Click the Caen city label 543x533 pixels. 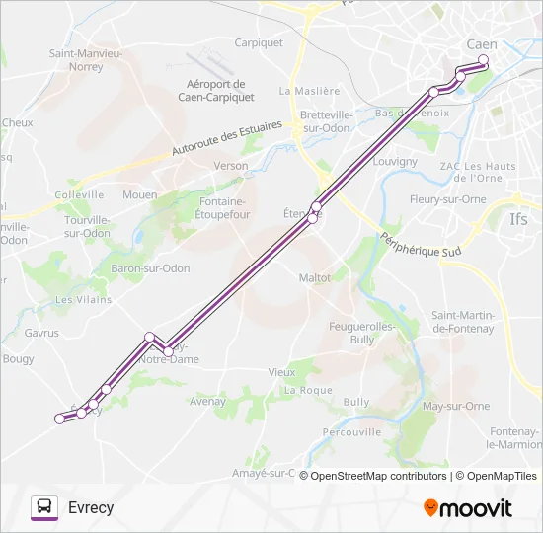[482, 45]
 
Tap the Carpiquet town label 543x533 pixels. [259, 42]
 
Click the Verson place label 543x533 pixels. [231, 166]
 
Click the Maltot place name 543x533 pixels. [315, 278]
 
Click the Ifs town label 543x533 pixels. [518, 219]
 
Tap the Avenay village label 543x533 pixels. [208, 402]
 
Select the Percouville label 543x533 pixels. [351, 431]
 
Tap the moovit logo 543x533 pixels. [468, 508]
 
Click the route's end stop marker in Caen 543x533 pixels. [484, 60]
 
